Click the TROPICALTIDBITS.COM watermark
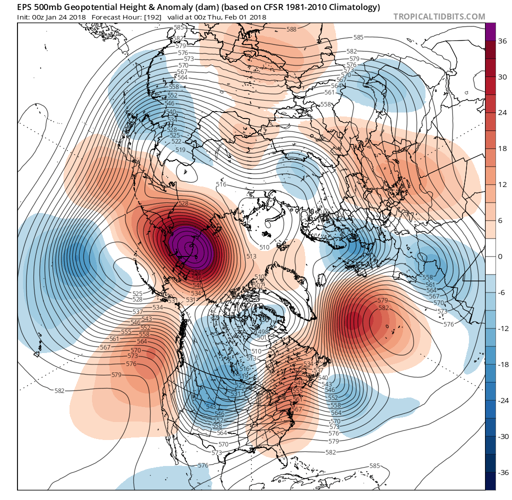pos(439,16)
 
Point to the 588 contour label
pos(291,29)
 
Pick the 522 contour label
pos(176,141)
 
